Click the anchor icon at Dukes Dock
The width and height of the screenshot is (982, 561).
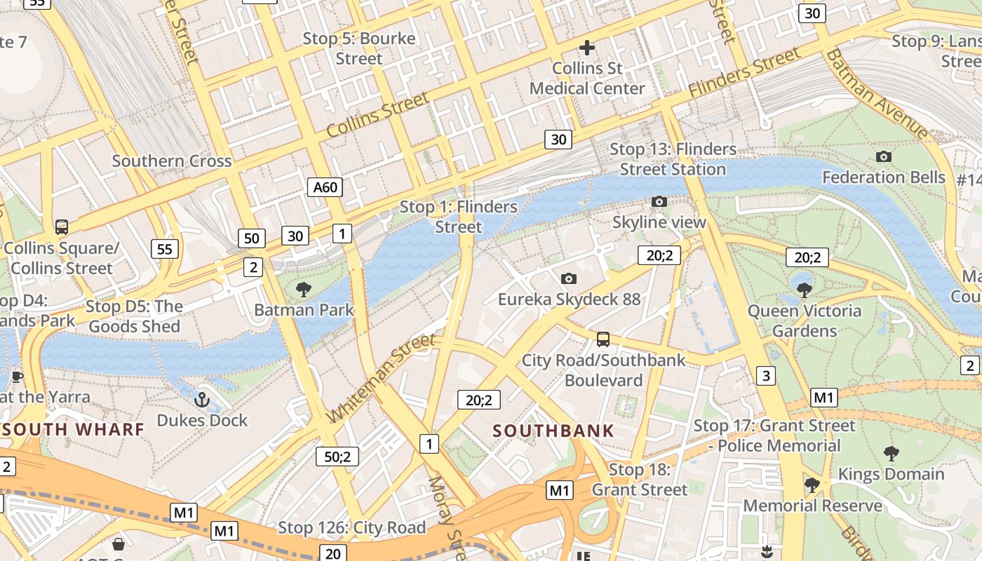(x=202, y=400)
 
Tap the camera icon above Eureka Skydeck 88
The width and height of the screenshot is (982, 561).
(x=569, y=278)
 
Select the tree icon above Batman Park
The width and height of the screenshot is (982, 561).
(x=304, y=289)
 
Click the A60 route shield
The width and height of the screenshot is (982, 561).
(x=325, y=187)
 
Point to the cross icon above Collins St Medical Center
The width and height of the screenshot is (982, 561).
(x=587, y=48)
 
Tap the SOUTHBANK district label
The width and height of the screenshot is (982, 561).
(x=553, y=431)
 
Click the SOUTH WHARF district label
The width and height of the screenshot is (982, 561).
(x=73, y=429)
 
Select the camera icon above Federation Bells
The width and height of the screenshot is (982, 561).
(x=884, y=156)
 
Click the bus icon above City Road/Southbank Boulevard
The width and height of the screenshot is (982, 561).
(x=603, y=340)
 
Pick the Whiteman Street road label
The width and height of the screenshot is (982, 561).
(x=381, y=379)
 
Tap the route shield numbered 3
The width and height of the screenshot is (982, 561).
(x=765, y=376)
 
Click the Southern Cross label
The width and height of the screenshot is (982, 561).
(x=172, y=161)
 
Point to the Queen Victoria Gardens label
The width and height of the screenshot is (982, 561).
(x=804, y=320)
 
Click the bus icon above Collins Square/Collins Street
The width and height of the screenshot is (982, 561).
(x=62, y=227)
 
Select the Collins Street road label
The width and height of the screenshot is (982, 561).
(x=377, y=115)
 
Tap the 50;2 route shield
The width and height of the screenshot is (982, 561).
(x=337, y=457)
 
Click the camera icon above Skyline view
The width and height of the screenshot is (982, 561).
(x=659, y=202)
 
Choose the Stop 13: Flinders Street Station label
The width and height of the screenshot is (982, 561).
(x=673, y=159)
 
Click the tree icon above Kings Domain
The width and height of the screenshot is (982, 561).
(x=891, y=453)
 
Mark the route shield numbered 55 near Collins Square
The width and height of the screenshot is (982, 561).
(x=165, y=249)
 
